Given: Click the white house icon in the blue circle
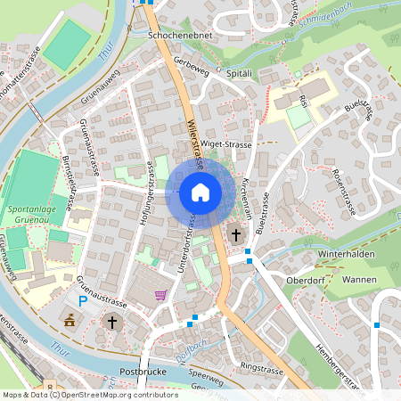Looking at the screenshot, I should pos(200,192).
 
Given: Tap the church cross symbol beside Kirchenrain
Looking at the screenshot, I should pos(236,235).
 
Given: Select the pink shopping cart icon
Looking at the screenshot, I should pos(160,295).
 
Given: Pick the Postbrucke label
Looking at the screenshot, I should pos(138,368).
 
